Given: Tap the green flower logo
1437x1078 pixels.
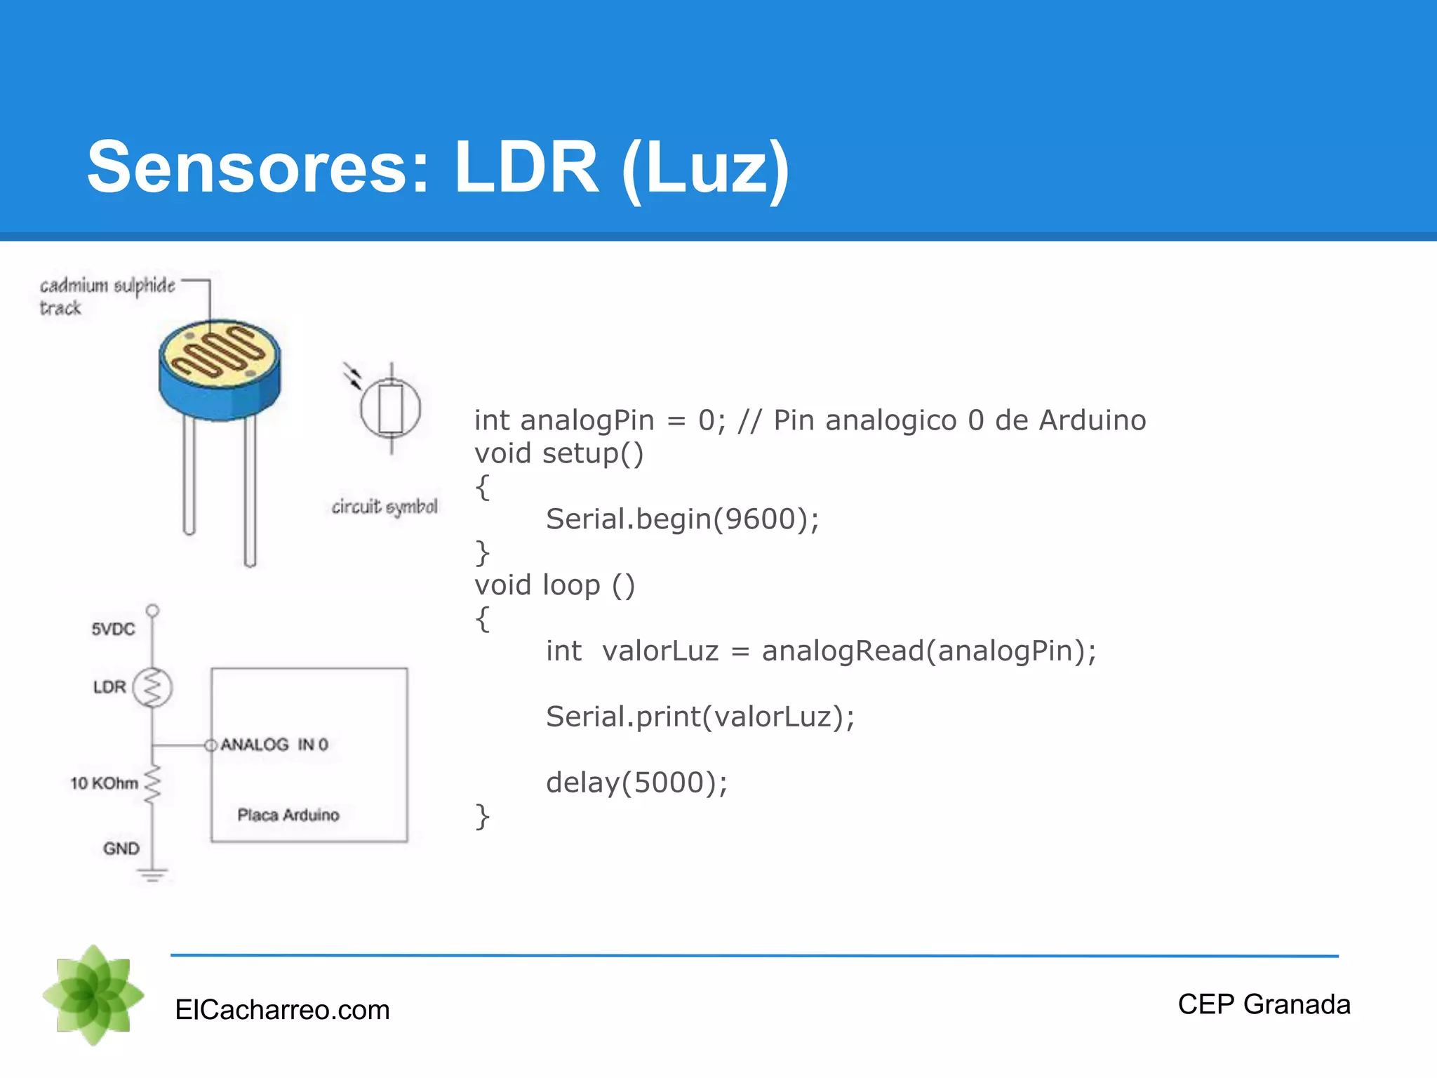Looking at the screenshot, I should pyautogui.click(x=93, y=995).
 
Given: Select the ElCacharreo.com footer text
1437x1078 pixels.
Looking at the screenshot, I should pyautogui.click(x=282, y=1010).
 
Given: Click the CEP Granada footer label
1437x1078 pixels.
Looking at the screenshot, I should pyautogui.click(x=1264, y=1004).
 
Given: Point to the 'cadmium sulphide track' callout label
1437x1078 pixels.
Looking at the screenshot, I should pyautogui.click(x=107, y=295).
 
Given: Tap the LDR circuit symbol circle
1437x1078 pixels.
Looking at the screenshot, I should pyautogui.click(x=391, y=408).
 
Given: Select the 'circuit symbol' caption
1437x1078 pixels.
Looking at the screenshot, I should pyautogui.click(x=385, y=507).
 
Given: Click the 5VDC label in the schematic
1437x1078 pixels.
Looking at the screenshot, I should pyautogui.click(x=113, y=629).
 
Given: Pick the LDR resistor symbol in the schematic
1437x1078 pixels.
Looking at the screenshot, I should pyautogui.click(x=153, y=687).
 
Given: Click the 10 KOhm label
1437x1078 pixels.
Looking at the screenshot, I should pyautogui.click(x=104, y=783).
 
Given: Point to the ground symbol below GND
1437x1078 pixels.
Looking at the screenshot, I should pyautogui.click(x=152, y=874).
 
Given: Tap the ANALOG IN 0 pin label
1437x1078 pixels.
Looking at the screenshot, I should pyautogui.click(x=274, y=745).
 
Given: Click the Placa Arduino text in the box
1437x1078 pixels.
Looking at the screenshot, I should pyautogui.click(x=288, y=815).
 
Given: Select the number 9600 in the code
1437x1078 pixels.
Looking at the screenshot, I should pyautogui.click(x=760, y=519).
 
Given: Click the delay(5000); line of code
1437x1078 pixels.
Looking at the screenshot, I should pyautogui.click(x=636, y=783).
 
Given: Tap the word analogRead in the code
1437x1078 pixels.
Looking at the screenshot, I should pyautogui.click(x=843, y=651).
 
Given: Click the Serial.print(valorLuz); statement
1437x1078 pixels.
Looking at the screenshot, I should pyautogui.click(x=700, y=717).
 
